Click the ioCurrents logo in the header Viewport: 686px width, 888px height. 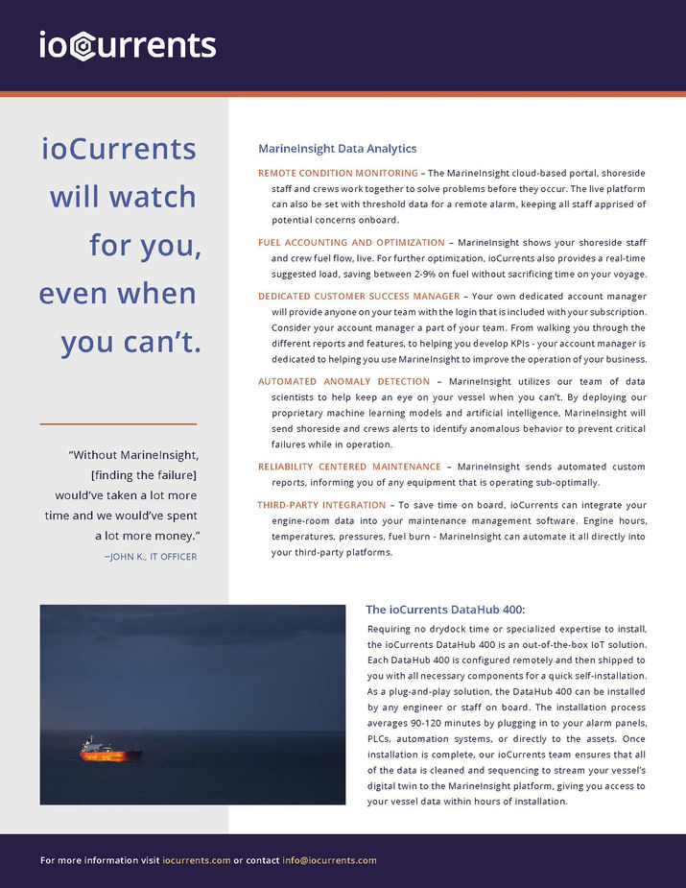click(x=128, y=45)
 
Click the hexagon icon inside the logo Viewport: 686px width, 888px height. click(x=83, y=47)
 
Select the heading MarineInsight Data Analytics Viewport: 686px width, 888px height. click(x=337, y=149)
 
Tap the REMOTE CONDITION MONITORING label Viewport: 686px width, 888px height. click(x=338, y=173)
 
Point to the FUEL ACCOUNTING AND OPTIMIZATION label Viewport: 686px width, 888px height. click(x=351, y=243)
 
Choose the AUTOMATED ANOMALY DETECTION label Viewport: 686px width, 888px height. click(x=343, y=381)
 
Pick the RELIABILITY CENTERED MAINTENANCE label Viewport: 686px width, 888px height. click(x=349, y=466)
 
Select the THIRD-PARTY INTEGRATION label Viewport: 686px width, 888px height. click(x=321, y=505)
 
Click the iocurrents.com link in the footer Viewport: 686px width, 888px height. click(x=197, y=860)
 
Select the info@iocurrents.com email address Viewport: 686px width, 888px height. click(x=329, y=860)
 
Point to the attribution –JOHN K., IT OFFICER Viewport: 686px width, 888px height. click(x=151, y=556)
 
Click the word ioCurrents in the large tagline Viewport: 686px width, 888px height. click(x=119, y=149)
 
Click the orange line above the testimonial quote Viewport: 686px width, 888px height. click(x=118, y=423)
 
